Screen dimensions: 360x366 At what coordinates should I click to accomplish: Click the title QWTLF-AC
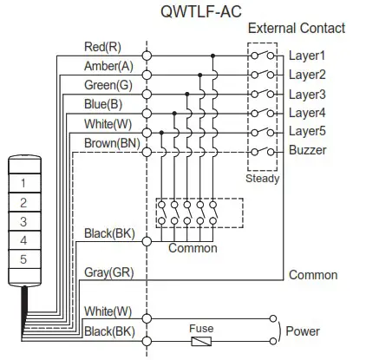[201, 11]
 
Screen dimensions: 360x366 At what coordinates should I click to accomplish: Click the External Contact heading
[296, 29]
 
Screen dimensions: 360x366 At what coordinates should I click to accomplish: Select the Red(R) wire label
[102, 47]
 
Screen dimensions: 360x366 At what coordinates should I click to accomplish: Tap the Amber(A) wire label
[108, 66]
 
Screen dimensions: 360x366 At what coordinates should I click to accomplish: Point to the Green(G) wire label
[108, 85]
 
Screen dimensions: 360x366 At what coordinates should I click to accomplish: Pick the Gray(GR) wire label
[108, 272]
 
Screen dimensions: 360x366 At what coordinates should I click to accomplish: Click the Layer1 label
[307, 56]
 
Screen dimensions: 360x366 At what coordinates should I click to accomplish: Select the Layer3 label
[307, 94]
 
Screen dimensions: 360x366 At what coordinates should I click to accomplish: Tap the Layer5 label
[307, 131]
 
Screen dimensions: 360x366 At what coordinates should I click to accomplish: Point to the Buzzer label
[308, 150]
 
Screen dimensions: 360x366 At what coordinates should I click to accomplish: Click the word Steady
[262, 180]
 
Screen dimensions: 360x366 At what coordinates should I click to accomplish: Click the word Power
[303, 331]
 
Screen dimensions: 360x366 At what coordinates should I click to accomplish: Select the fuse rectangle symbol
[202, 340]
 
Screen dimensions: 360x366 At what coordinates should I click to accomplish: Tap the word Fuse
[202, 329]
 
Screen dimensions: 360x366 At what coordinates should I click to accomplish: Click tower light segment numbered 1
[23, 184]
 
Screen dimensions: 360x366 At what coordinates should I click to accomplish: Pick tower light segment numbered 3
[23, 221]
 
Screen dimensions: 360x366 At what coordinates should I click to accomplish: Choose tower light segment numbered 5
[23, 259]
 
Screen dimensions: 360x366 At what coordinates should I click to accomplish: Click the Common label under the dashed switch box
[193, 248]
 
